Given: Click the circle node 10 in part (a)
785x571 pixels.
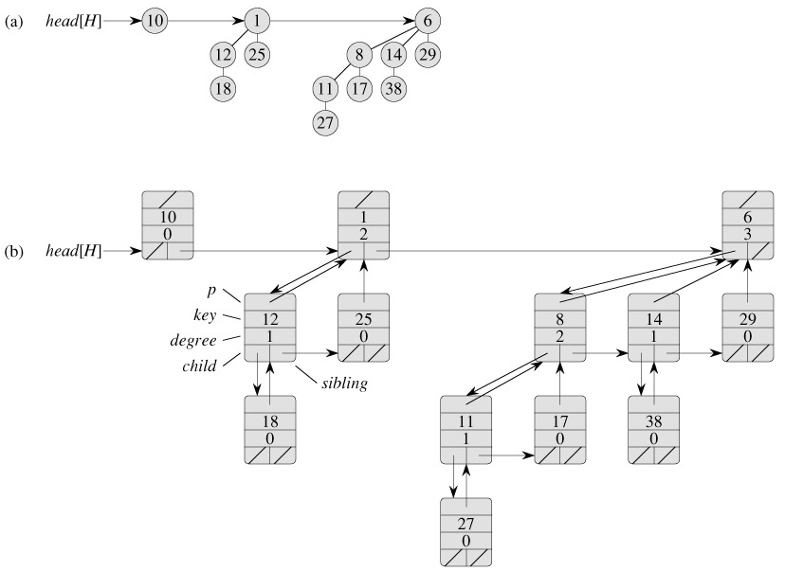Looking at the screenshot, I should pyautogui.click(x=155, y=20).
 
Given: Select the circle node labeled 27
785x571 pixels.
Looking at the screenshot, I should pyautogui.click(x=326, y=122).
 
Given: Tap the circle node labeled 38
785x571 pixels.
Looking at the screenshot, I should pyautogui.click(x=393, y=88).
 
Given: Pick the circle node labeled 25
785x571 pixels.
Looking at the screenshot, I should pyautogui.click(x=257, y=54).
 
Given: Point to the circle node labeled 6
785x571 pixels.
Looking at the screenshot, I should pyautogui.click(x=428, y=20).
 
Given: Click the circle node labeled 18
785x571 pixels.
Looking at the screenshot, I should pyautogui.click(x=223, y=88).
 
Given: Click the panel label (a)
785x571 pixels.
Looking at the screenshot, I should pyautogui.click(x=13, y=20).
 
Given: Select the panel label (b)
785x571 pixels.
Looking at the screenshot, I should pyautogui.click(x=13, y=252).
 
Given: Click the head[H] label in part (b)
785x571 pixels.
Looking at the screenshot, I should pyautogui.click(x=72, y=252).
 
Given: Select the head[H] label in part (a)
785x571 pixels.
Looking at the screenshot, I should pyautogui.click(x=72, y=20).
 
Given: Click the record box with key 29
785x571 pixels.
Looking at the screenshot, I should pyautogui.click(x=748, y=328).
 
